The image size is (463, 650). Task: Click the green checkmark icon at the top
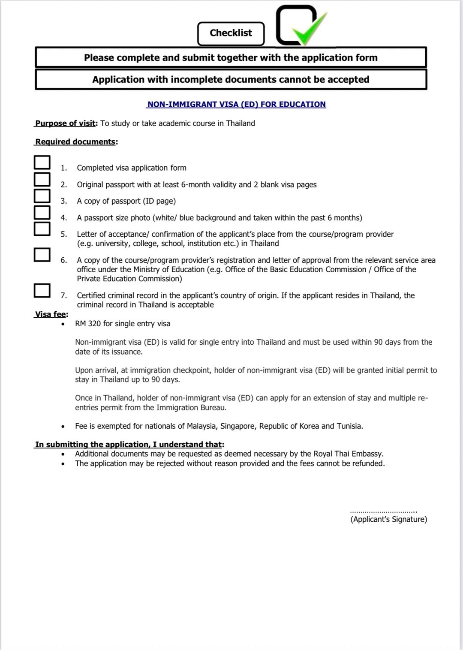pyautogui.click(x=307, y=27)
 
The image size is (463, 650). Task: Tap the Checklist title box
pyautogui.click(x=231, y=33)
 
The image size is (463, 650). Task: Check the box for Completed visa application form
pyautogui.click(x=42, y=162)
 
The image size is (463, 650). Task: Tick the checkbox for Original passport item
pyautogui.click(x=42, y=179)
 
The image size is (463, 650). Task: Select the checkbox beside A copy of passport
pyautogui.click(x=42, y=196)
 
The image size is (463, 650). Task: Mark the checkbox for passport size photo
pyautogui.click(x=42, y=212)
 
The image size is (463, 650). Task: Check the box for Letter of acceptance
pyautogui.click(x=42, y=229)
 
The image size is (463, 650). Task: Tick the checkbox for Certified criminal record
pyautogui.click(x=42, y=290)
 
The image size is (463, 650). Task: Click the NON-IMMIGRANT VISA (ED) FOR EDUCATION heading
pyautogui.click(x=236, y=104)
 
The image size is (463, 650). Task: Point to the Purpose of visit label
pyautogui.click(x=66, y=123)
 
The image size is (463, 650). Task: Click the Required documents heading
pyautogui.click(x=75, y=142)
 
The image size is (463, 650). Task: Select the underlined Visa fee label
pyautogui.click(x=51, y=314)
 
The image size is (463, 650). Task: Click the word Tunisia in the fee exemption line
pyautogui.click(x=349, y=426)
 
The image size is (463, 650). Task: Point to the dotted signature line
pyautogui.click(x=383, y=511)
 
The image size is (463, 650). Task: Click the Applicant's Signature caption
pyautogui.click(x=388, y=520)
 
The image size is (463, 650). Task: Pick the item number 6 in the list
pyautogui.click(x=63, y=260)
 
